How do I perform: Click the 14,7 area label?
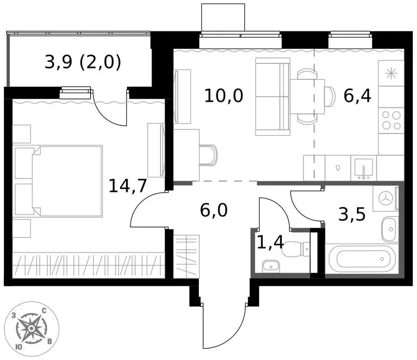point(128,186)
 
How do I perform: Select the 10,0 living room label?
point(224,96)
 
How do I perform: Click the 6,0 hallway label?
point(213,210)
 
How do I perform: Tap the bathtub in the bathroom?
point(361,259)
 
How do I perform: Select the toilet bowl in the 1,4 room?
point(296,248)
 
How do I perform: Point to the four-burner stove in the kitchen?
point(391,120)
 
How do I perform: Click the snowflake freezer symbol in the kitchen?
point(390,73)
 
